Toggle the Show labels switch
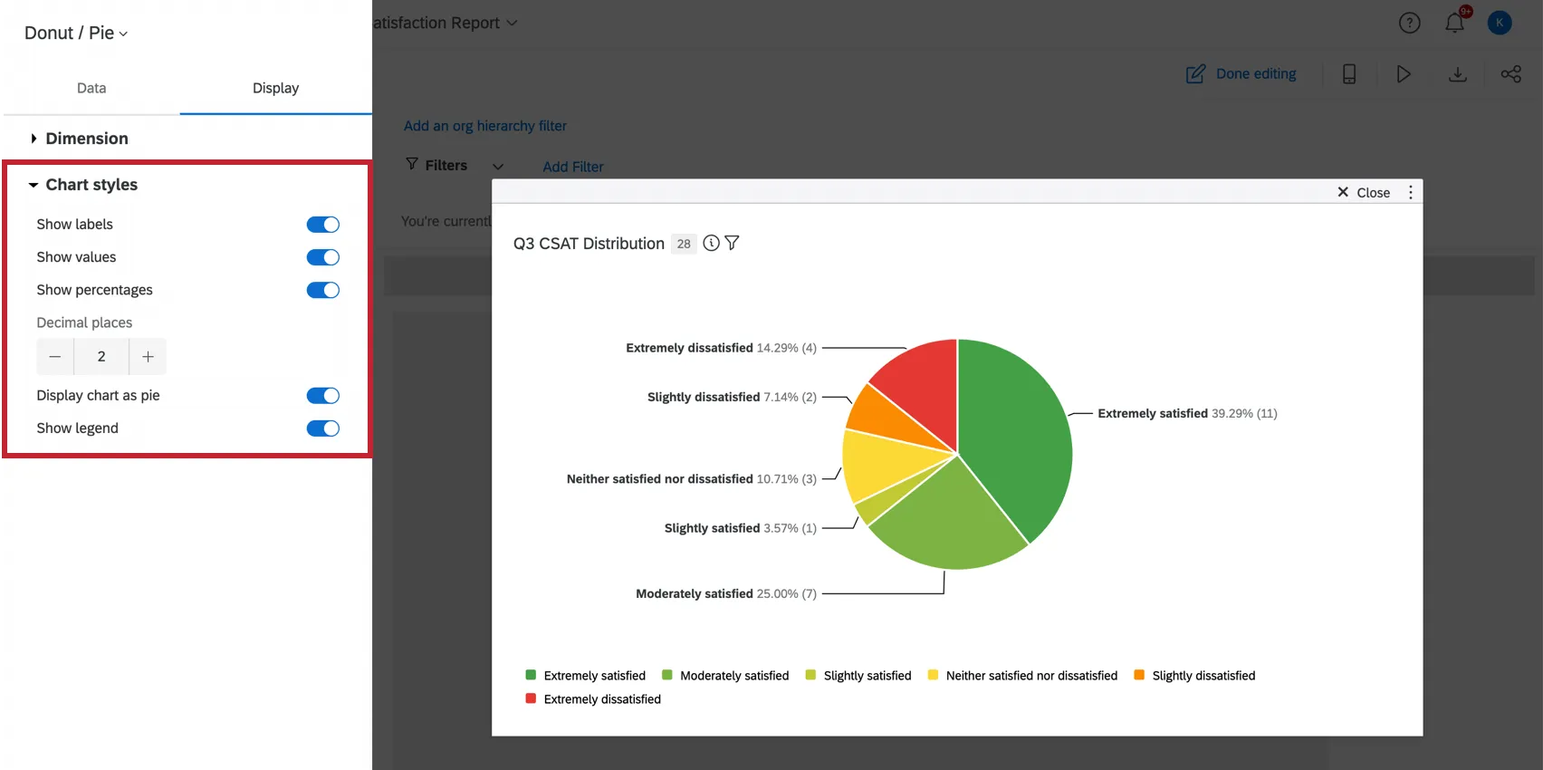(322, 225)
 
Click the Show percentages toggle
(322, 290)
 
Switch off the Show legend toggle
(322, 428)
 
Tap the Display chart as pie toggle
(322, 396)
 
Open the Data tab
(91, 88)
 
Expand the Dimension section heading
(87, 139)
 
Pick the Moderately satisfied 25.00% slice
(946, 521)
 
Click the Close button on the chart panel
(1364, 192)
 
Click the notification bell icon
(1454, 23)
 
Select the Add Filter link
(573, 167)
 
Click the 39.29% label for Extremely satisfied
(1232, 413)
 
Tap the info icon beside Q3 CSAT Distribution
(712, 243)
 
